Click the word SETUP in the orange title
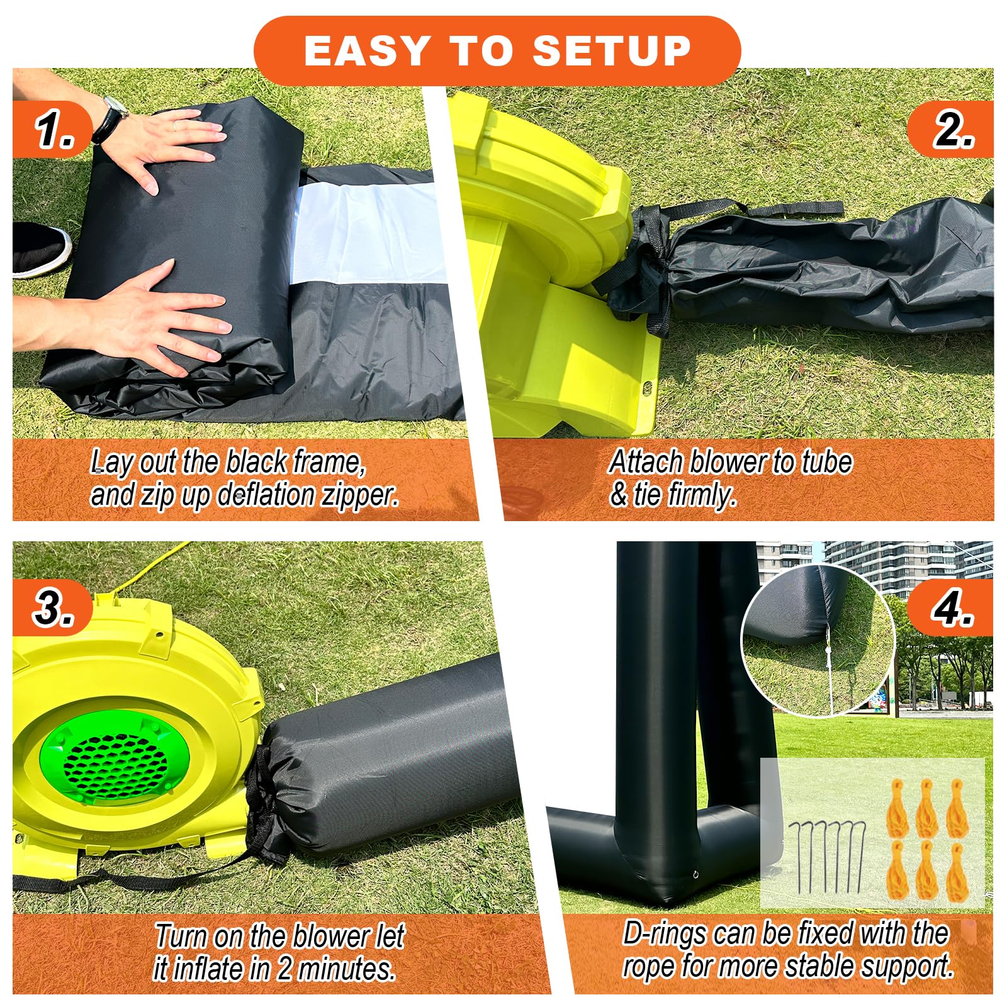(612, 50)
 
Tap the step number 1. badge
(55, 131)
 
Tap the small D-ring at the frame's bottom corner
(697, 875)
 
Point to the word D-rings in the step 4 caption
(664, 934)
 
